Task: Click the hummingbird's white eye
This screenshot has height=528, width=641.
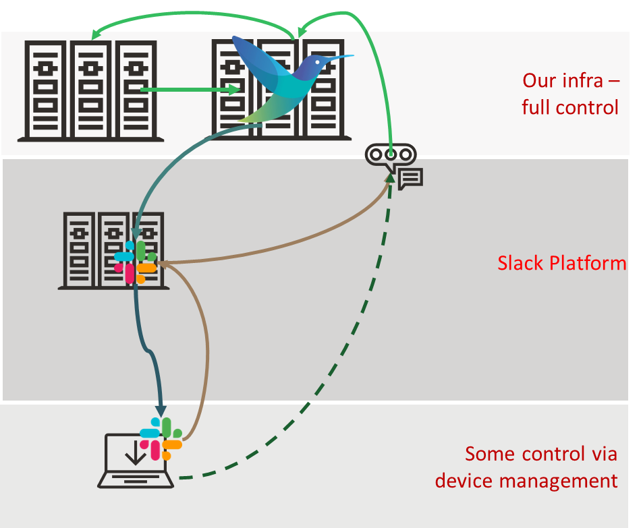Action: (317, 63)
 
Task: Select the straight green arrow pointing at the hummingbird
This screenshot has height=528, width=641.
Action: (189, 89)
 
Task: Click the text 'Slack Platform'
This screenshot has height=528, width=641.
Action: (561, 263)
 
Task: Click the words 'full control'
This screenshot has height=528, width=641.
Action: (570, 107)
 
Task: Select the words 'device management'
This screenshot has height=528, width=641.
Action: (526, 481)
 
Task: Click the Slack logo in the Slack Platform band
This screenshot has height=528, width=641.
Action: (136, 262)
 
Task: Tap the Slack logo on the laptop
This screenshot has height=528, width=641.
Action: (161, 439)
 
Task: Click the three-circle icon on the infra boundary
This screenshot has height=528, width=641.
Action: (391, 154)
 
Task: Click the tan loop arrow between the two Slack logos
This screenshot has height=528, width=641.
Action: (206, 344)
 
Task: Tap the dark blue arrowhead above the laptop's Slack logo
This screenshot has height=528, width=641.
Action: (161, 410)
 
